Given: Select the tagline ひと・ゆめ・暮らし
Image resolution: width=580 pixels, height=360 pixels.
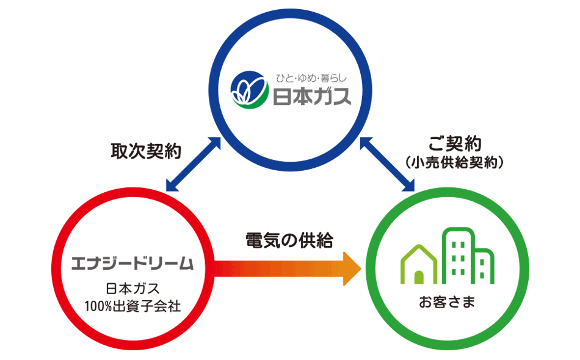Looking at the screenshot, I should click(311, 78).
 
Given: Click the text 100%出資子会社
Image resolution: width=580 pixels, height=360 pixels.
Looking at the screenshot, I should click(133, 304).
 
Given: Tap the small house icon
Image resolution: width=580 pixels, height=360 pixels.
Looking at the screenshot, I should click(419, 264).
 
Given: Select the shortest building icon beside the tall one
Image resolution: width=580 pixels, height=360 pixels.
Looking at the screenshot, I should click(484, 267).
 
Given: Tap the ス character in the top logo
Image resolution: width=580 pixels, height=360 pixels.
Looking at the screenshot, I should click(340, 97).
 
